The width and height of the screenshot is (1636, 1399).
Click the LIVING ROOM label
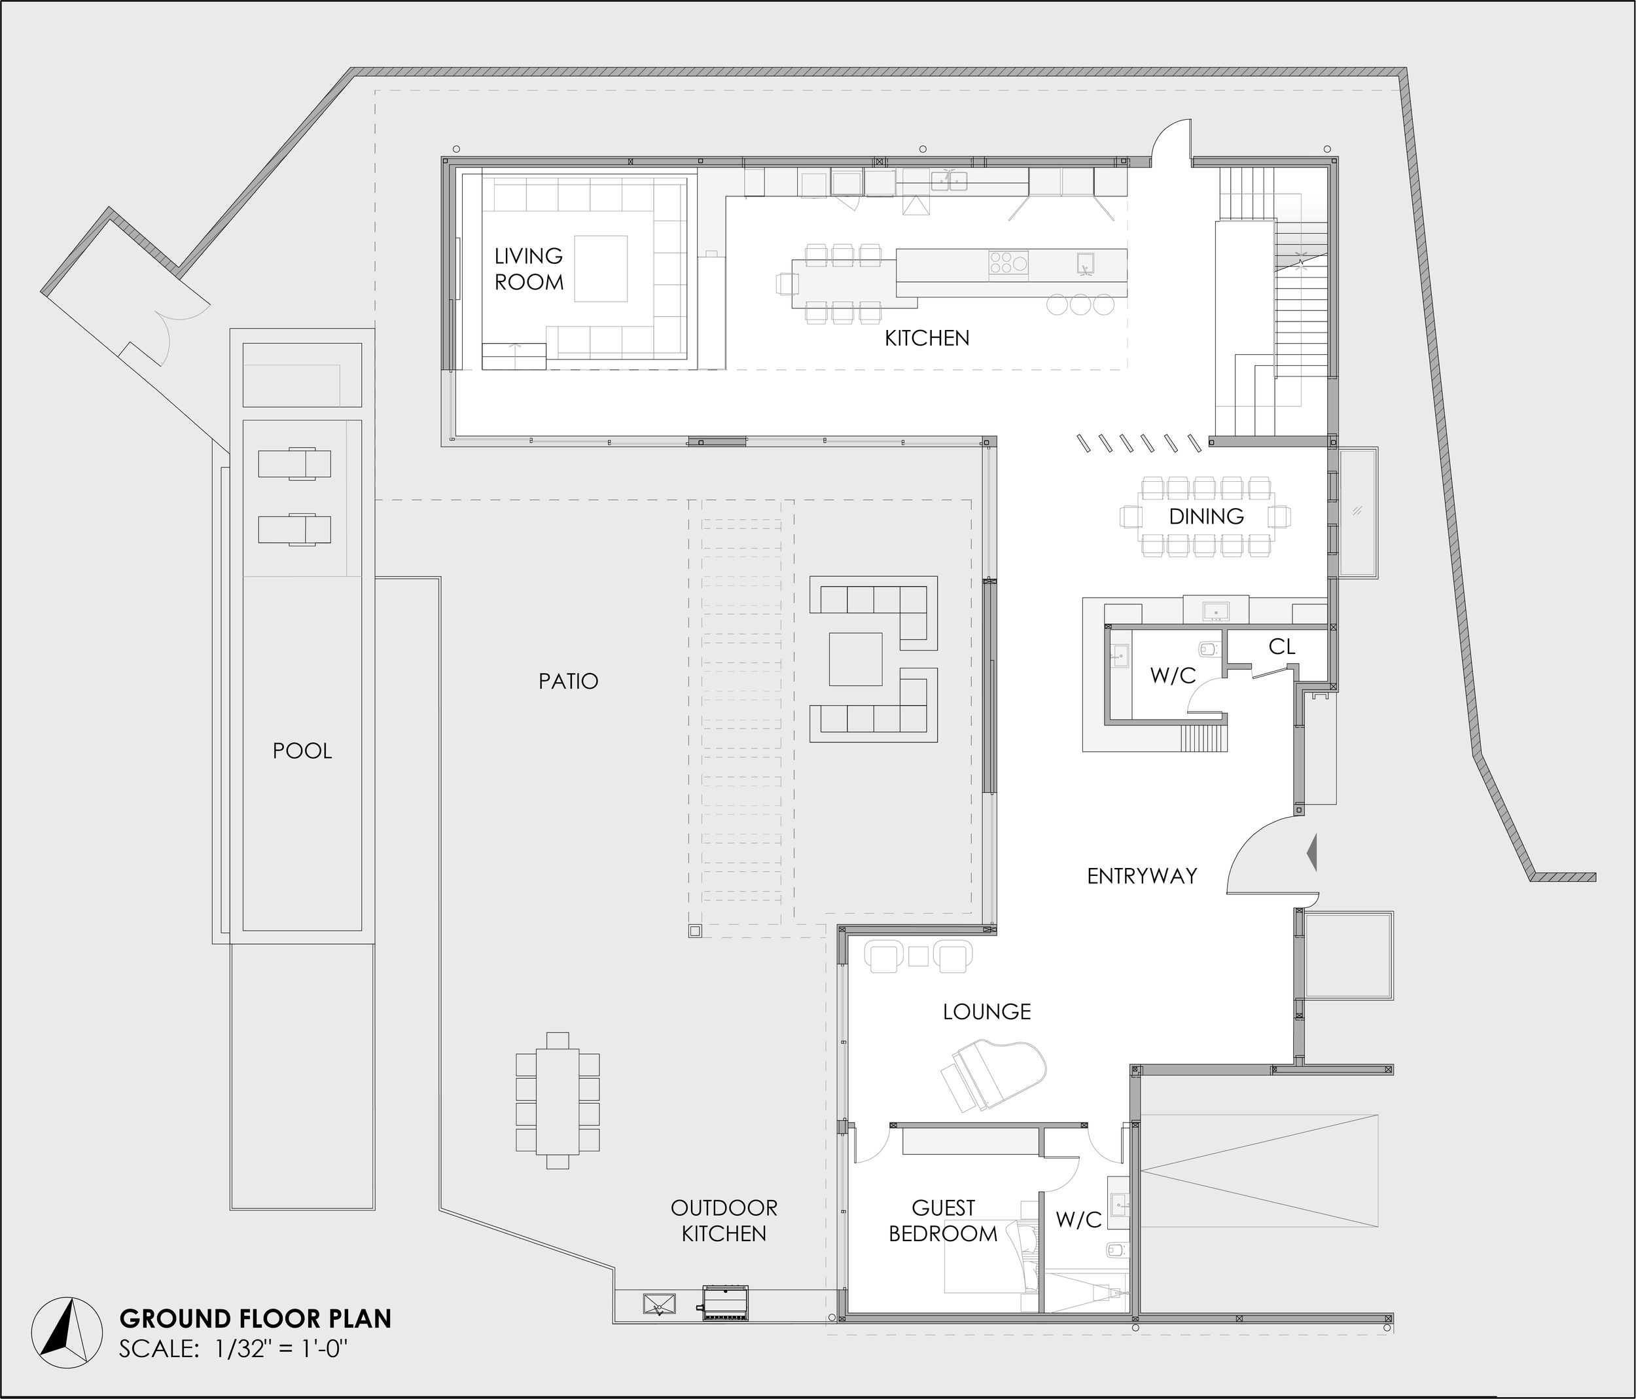(x=528, y=268)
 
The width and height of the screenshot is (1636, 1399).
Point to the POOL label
(x=302, y=750)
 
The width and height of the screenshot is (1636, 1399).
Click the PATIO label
(x=568, y=681)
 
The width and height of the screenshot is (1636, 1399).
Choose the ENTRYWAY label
(x=1142, y=875)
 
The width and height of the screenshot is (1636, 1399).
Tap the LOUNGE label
(x=986, y=1011)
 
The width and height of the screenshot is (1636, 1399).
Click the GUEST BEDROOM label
(x=943, y=1220)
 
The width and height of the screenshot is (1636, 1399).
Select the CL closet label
(x=1281, y=647)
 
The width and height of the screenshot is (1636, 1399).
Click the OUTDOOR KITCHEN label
(x=723, y=1220)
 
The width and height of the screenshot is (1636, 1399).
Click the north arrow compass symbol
(x=67, y=1334)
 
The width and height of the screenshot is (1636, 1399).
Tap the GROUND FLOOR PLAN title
(x=255, y=1318)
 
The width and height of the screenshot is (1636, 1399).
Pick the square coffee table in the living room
(x=601, y=268)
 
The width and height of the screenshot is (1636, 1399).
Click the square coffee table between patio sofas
(x=855, y=659)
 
